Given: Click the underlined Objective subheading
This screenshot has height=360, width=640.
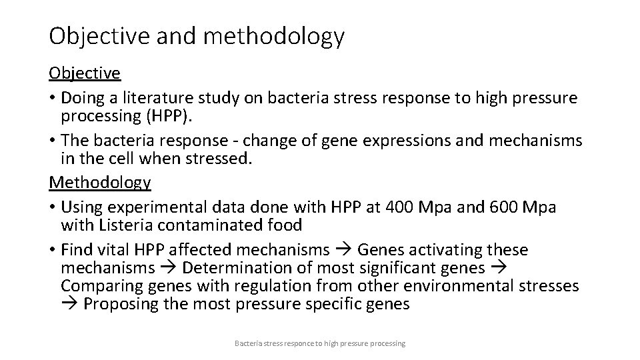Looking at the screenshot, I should coord(85,73).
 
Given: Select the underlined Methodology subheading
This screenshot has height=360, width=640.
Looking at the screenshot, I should coord(100,182).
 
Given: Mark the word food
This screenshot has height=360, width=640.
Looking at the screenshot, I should coord(283,225).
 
